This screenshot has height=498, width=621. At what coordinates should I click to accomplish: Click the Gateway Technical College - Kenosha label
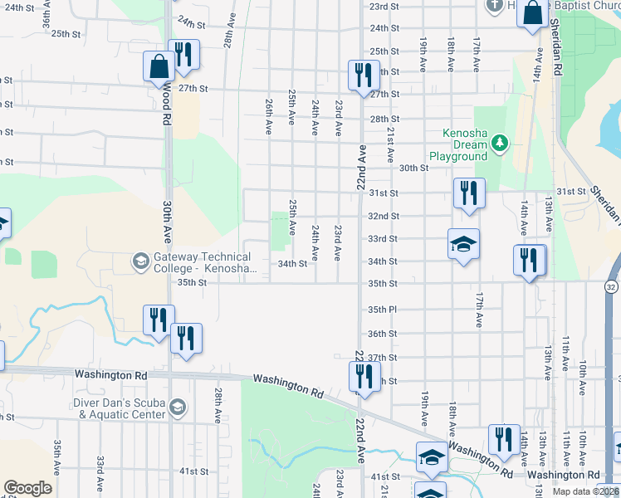(200, 262)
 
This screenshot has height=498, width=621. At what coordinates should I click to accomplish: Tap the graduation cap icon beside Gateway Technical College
(140, 262)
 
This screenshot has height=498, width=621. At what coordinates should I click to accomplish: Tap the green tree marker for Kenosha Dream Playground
(499, 144)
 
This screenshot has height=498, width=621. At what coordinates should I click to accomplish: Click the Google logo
(27, 488)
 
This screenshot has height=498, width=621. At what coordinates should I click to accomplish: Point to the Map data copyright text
(585, 491)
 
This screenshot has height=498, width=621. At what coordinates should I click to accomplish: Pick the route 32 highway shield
(611, 286)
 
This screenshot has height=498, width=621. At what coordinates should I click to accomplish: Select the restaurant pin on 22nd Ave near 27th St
(362, 75)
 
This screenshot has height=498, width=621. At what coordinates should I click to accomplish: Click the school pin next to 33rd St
(463, 243)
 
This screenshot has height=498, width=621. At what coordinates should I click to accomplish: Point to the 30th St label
(413, 168)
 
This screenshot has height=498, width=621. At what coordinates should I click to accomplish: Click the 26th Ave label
(269, 117)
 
